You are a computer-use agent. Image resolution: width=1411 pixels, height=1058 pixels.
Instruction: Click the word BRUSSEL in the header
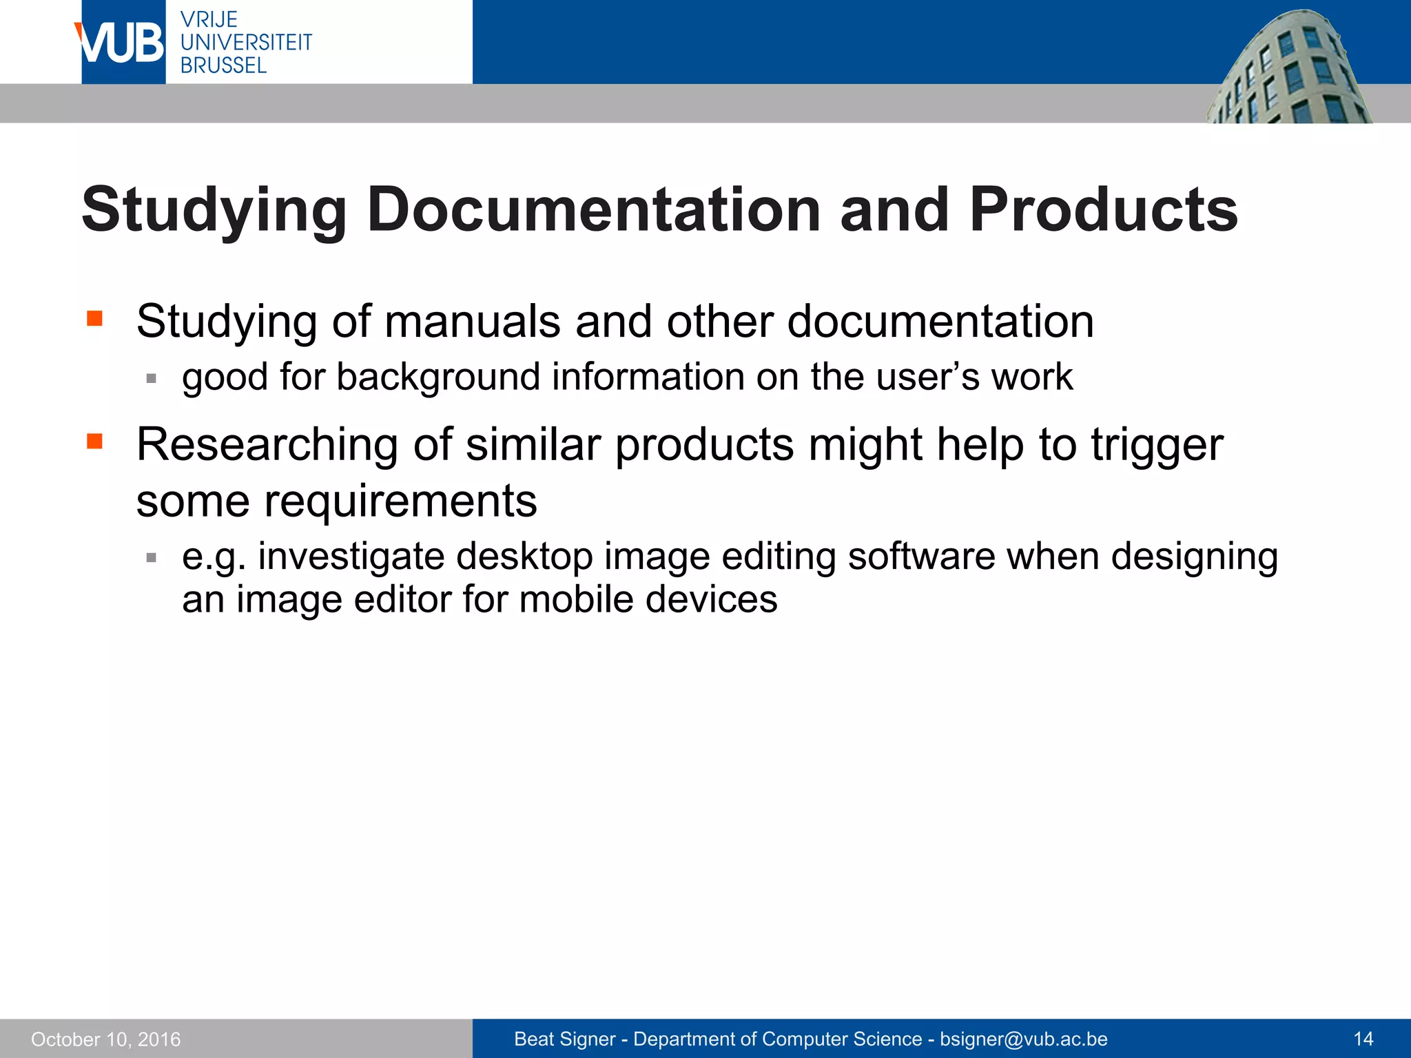click(x=223, y=66)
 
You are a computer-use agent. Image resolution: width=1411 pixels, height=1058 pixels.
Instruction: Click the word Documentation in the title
click(x=593, y=210)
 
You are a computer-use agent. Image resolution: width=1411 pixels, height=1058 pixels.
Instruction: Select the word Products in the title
click(x=1103, y=210)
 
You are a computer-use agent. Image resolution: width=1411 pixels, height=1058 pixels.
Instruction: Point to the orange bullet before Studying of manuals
click(x=94, y=318)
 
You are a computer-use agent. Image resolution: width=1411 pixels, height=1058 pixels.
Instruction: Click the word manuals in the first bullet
click(x=472, y=322)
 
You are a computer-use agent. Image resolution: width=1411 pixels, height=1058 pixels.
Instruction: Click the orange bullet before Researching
click(x=94, y=441)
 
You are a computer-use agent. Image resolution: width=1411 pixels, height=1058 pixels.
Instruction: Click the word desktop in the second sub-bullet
click(x=524, y=557)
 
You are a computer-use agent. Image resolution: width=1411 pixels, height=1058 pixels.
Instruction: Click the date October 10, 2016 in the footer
click(x=106, y=1039)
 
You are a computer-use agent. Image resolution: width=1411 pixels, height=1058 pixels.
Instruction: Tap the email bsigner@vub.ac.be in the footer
click(x=1024, y=1039)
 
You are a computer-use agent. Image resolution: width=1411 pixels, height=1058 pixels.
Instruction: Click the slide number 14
click(x=1363, y=1039)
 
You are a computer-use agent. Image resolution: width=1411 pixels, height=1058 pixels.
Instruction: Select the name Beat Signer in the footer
click(x=564, y=1039)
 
